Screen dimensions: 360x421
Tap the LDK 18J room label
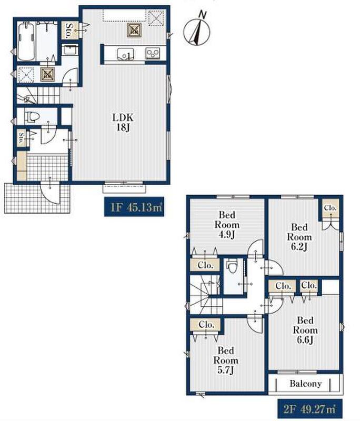[x=123, y=122]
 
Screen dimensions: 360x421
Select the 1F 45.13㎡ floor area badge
[x=134, y=207]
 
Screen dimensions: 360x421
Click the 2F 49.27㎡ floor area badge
[x=309, y=409]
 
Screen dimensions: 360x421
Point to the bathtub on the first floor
[x=26, y=42]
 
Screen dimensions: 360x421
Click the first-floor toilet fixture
[x=32, y=117]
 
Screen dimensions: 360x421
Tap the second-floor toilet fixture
[x=232, y=267]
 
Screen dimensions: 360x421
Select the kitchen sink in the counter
[x=125, y=54]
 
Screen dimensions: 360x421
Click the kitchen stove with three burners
[x=153, y=54]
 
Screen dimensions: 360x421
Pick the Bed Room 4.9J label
[x=227, y=225]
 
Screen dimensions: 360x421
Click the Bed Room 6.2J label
[x=299, y=237]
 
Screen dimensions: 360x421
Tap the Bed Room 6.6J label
[x=305, y=330]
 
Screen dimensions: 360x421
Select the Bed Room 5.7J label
[x=226, y=360]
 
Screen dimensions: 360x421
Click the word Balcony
[x=305, y=384]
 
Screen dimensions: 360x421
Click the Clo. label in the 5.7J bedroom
[x=206, y=325]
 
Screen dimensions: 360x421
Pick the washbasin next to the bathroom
[x=70, y=51]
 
